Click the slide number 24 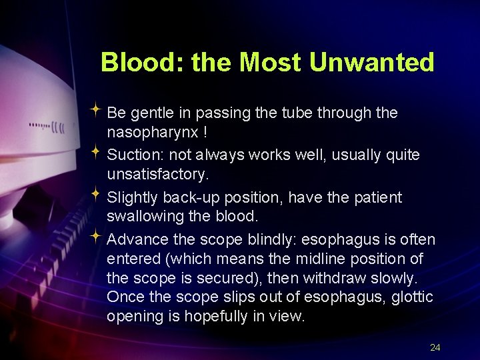pos(435,347)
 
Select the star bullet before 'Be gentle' pos(96,111)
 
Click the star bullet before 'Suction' pos(96,153)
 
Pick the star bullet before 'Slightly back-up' pos(96,195)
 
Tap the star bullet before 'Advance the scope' pos(96,237)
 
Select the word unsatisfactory pos(157,175)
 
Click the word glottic pos(409,297)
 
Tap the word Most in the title pos(272,63)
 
